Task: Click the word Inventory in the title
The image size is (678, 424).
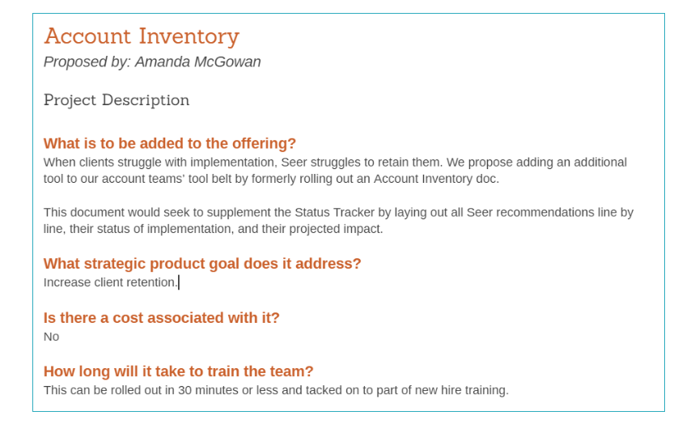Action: [x=189, y=36]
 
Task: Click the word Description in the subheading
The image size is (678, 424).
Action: [x=146, y=100]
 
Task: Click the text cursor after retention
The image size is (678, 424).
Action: [x=179, y=282]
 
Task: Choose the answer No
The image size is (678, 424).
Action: [x=52, y=337]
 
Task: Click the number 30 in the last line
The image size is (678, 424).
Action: [x=184, y=390]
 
